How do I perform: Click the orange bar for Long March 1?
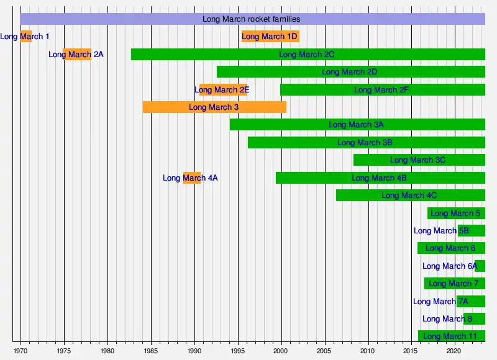[26, 37]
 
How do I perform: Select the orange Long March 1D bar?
[270, 37]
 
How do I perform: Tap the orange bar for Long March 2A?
[77, 55]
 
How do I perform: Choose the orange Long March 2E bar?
[223, 90]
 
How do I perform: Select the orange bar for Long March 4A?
[192, 178]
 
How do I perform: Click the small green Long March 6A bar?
[480, 266]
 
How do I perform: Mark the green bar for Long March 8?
[475, 319]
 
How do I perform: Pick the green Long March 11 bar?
[452, 336]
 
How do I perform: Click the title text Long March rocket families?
[251, 19]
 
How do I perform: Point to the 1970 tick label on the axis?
[21, 350]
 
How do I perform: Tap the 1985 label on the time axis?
[151, 350]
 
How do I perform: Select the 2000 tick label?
[281, 350]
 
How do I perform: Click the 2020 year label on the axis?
[455, 350]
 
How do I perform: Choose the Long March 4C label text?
[409, 196]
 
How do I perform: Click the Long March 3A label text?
[356, 125]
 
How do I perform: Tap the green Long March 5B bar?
[472, 231]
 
